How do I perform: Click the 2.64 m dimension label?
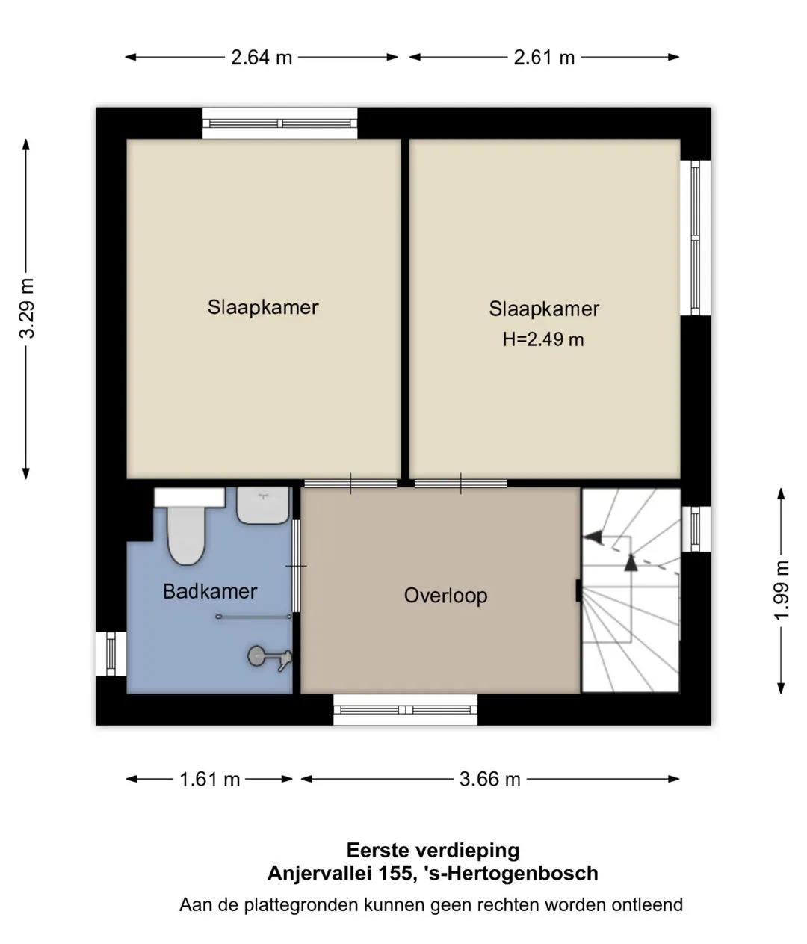[x=262, y=58]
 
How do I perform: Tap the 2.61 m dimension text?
[x=544, y=58]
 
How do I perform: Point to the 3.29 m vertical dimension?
[x=26, y=308]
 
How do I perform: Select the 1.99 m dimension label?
[x=782, y=590]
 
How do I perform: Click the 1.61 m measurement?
[x=210, y=779]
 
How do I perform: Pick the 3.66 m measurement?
[x=490, y=779]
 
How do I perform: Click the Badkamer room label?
[x=210, y=591]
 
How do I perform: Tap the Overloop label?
[x=446, y=596]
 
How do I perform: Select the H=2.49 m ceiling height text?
[x=543, y=339]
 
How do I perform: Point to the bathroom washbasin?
[x=263, y=505]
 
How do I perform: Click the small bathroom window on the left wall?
[x=111, y=653]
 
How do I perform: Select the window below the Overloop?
[x=406, y=710]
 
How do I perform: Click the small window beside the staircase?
[x=696, y=529]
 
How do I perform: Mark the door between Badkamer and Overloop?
[x=296, y=566]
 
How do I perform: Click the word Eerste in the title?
[x=377, y=851]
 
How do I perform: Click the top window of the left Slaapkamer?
[x=280, y=123]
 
